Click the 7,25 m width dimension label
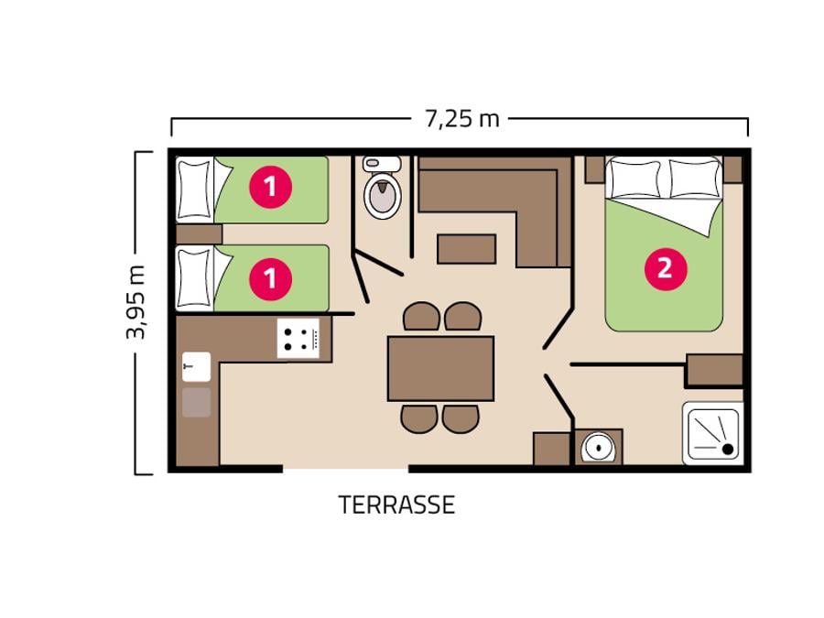[x=461, y=119]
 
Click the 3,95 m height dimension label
[x=136, y=302]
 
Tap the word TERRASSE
[x=396, y=504]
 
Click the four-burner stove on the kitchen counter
[x=298, y=339]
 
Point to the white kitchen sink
[x=197, y=366]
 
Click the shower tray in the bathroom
[x=713, y=434]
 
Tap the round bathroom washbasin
[x=598, y=447]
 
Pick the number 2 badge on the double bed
[x=666, y=268]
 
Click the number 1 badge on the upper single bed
[x=271, y=187]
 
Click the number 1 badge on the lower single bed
[x=271, y=278]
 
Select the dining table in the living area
[x=440, y=368]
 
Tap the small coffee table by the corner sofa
[x=467, y=249]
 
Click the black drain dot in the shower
[x=728, y=449]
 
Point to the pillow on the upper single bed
[x=195, y=190]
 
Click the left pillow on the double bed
[x=634, y=179]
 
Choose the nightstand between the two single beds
[x=199, y=234]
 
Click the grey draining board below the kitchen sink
[x=197, y=402]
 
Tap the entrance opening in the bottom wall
[x=346, y=468]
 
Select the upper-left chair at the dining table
[x=421, y=316]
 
